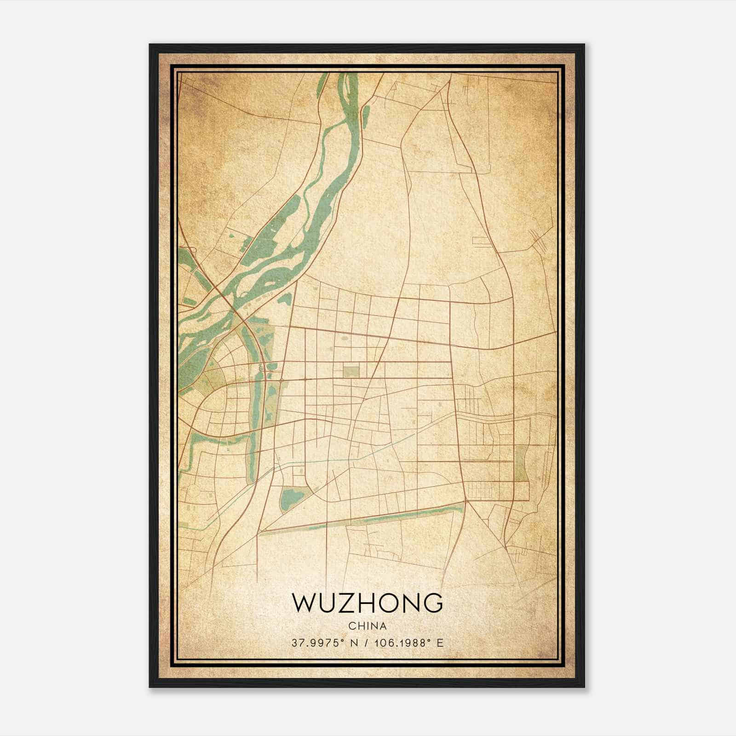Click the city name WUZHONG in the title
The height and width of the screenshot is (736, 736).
(x=367, y=603)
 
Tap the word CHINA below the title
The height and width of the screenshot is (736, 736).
(x=367, y=626)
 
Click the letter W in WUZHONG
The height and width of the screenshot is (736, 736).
(x=303, y=603)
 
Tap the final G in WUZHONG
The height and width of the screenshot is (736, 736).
(x=433, y=603)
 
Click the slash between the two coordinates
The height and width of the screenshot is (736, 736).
(x=365, y=643)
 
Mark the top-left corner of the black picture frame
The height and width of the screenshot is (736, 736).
(x=150, y=45)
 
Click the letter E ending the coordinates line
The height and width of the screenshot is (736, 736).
(x=440, y=643)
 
